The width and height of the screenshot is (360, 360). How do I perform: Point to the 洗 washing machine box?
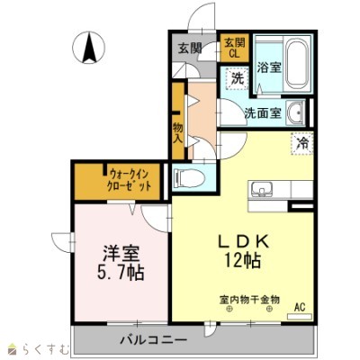click(237, 78)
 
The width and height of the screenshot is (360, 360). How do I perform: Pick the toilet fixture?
click(190, 176)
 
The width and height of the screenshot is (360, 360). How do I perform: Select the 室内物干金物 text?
click(249, 299)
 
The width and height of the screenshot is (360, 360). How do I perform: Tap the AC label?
click(300, 308)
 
